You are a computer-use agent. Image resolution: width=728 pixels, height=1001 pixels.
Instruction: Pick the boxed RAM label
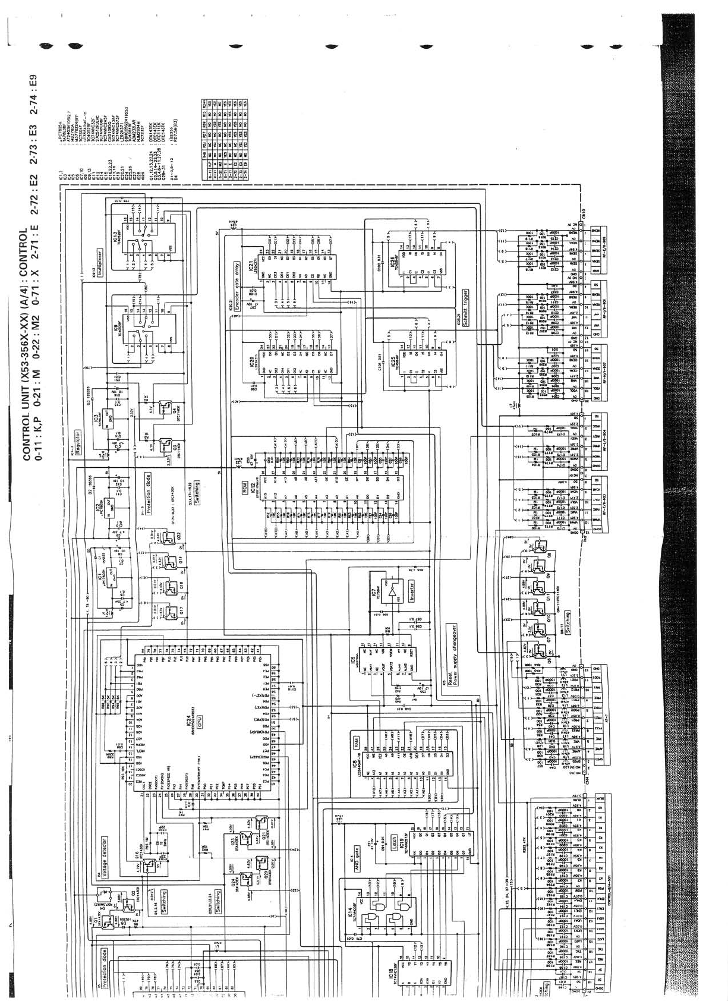pyautogui.click(x=355, y=741)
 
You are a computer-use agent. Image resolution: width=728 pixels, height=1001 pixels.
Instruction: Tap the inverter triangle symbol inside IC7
pyautogui.click(x=391, y=593)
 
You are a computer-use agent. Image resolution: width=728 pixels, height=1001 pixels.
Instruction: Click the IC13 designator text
pyautogui.click(x=116, y=241)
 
